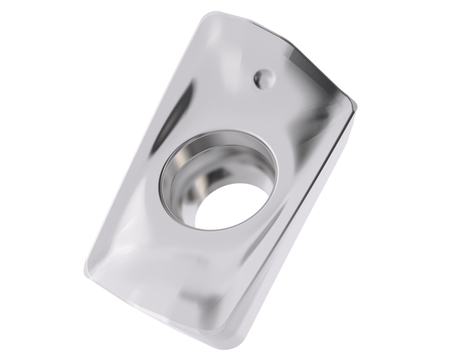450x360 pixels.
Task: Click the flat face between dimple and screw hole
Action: click(247, 112)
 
